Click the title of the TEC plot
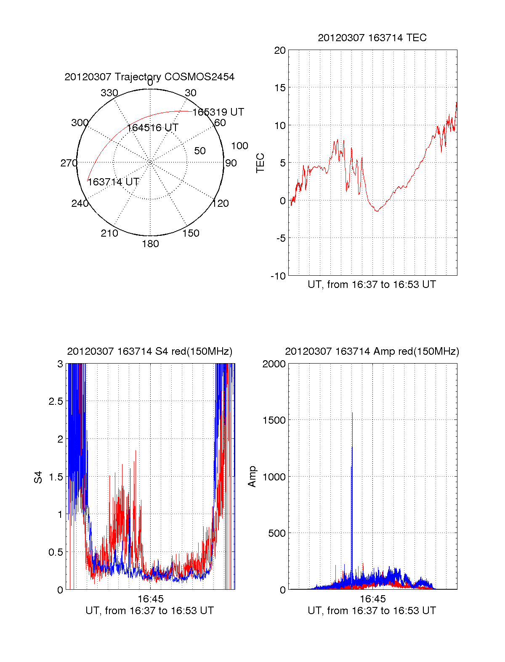pos(372,38)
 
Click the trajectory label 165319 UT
pos(218,112)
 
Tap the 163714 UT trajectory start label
pos(113,182)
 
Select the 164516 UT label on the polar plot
pos(152,128)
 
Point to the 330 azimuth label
pos(109,93)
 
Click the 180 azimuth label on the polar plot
pos(150,244)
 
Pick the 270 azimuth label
pos(69,163)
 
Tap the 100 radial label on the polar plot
pos(239,146)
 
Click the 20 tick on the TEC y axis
pos(280,50)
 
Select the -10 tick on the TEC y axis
pos(278,276)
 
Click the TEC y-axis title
pos(260,163)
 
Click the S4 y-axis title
pos(38,477)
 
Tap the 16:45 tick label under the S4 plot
pos(150,599)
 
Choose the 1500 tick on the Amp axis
pos(274,420)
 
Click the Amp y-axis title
pos(252,477)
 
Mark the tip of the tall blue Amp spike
pos(352,413)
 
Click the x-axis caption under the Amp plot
pos(372,611)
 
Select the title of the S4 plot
pos(150,351)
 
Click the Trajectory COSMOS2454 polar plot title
pos(149,77)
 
